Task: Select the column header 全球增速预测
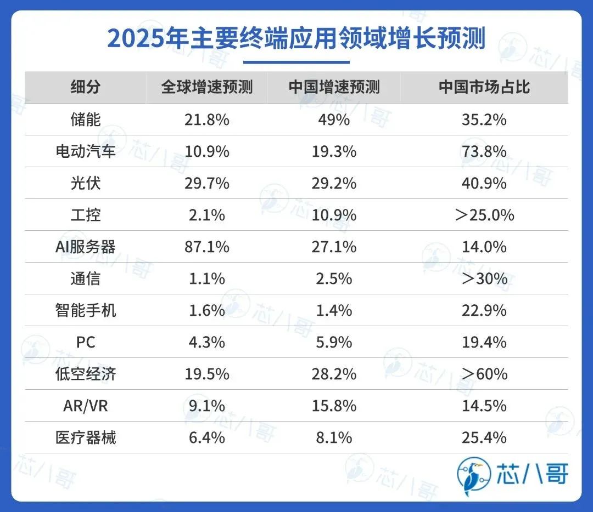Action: (x=206, y=87)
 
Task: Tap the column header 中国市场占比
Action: (x=484, y=87)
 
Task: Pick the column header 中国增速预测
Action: (x=334, y=87)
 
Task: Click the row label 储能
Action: (x=86, y=120)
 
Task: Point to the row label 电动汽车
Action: (x=86, y=151)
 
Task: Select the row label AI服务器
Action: (x=86, y=247)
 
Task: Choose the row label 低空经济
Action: (x=86, y=374)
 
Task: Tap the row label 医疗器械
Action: (x=86, y=437)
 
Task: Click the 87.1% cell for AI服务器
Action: (x=206, y=247)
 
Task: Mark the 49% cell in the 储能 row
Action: (x=334, y=120)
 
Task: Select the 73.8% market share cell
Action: (x=484, y=151)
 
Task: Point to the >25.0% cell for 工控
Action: (x=484, y=215)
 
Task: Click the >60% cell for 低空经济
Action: (x=484, y=374)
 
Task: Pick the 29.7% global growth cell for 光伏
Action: (x=206, y=183)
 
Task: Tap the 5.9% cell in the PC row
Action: (x=334, y=342)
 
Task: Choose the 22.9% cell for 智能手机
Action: (x=484, y=310)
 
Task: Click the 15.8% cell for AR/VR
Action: (x=334, y=406)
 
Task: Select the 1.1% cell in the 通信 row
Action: (x=206, y=278)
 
